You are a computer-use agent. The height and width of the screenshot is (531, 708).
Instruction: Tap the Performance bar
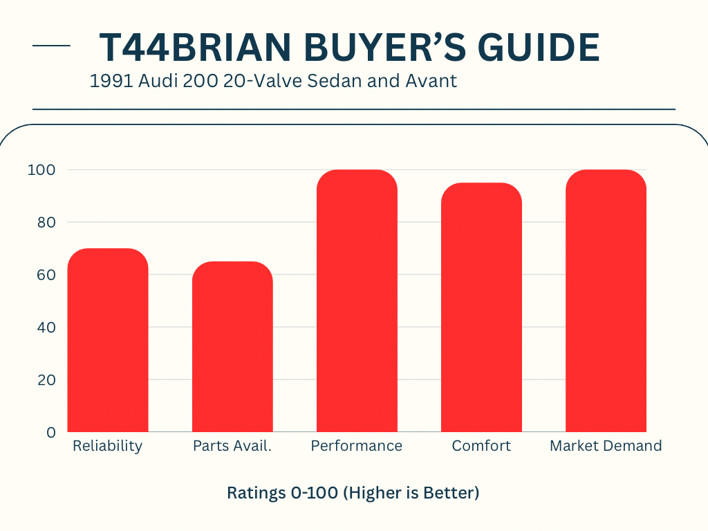[x=357, y=301]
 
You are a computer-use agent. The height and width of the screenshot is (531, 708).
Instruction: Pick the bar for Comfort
[x=481, y=308]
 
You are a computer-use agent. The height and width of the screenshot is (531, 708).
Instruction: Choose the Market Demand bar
[x=606, y=301]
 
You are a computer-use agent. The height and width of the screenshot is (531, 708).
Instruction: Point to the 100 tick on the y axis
[x=41, y=170]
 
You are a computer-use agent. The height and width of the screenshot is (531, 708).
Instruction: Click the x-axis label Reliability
[x=107, y=446]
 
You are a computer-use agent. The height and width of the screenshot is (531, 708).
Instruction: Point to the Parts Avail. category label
[x=232, y=446]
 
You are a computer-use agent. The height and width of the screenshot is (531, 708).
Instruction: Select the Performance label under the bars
[x=357, y=446]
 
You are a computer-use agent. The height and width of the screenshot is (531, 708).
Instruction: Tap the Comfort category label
[x=481, y=446]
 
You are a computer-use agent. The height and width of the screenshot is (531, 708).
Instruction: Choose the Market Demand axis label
[x=606, y=446]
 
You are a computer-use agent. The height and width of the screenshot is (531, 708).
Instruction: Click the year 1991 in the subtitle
[x=110, y=81]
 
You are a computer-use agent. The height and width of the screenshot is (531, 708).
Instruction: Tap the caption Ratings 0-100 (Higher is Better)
[x=353, y=494]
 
